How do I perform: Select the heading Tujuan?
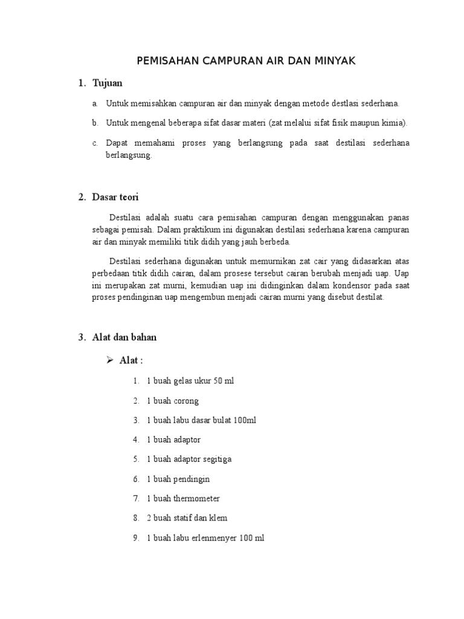pyautogui.click(x=108, y=83)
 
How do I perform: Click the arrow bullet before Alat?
pyautogui.click(x=109, y=360)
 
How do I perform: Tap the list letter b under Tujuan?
pyautogui.click(x=95, y=123)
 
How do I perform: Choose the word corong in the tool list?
pyautogui.click(x=186, y=401)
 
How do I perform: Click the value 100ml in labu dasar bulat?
pyautogui.click(x=243, y=420)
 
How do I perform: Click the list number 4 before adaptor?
pyautogui.click(x=136, y=439)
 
